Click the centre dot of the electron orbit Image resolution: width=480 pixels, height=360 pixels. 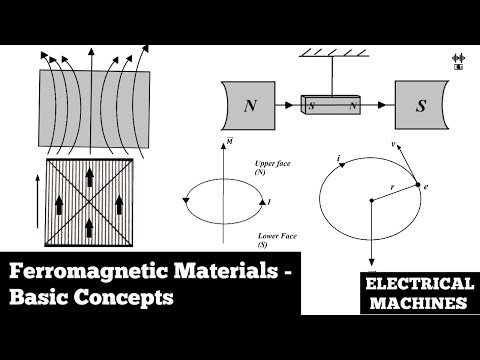click(371, 200)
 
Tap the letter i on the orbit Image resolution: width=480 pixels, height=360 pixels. click(340, 158)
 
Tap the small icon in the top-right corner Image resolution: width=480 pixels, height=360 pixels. click(461, 63)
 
